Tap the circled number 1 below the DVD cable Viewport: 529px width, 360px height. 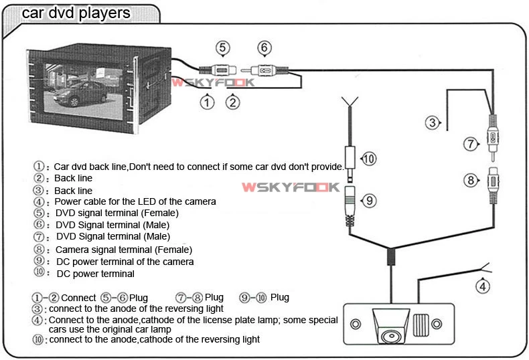pyautogui.click(x=208, y=102)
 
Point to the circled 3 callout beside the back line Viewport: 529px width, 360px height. pyautogui.click(x=433, y=122)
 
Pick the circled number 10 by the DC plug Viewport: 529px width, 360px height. pyautogui.click(x=368, y=159)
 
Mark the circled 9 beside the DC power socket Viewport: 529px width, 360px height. pyautogui.click(x=368, y=200)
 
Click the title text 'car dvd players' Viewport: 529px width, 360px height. pyautogui.click(x=76, y=13)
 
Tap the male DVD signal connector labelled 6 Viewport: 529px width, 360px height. pyautogui.click(x=264, y=69)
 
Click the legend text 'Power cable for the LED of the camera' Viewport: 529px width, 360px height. pyautogui.click(x=135, y=201)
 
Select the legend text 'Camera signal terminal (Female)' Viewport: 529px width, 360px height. pyautogui.click(x=122, y=250)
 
